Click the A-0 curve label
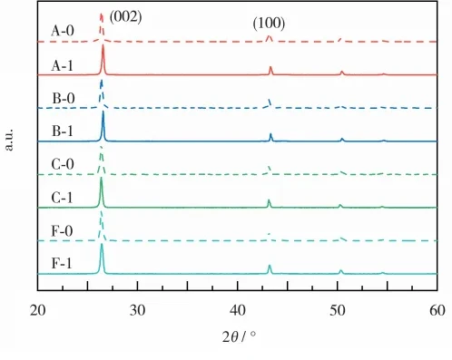(x=63, y=31)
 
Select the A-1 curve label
(x=62, y=65)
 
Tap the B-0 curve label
(x=64, y=98)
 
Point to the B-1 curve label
(x=63, y=131)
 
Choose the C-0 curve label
(x=63, y=164)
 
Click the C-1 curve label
(x=62, y=198)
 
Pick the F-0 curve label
(x=62, y=231)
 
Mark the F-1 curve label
(x=62, y=264)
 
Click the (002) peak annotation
(x=125, y=17)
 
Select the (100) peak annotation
(x=269, y=24)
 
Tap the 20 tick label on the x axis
(x=37, y=310)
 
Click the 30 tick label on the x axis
(x=137, y=310)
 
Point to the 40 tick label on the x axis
(x=238, y=310)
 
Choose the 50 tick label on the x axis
(x=338, y=310)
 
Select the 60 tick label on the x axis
(x=437, y=310)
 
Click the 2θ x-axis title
(x=239, y=336)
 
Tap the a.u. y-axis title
(x=9, y=140)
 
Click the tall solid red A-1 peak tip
(x=103, y=45)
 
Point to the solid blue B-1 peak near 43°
(x=270, y=137)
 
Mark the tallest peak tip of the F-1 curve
(x=102, y=244)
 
